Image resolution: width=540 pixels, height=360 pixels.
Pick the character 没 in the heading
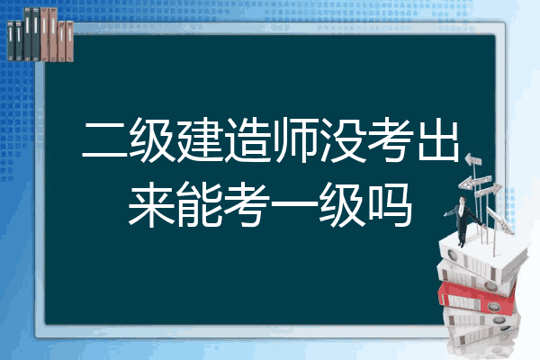point(343,140)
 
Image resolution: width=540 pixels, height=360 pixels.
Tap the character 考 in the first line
point(391,140)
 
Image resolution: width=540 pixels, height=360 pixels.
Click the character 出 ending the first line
point(438,140)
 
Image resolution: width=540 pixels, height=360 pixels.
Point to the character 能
point(200,204)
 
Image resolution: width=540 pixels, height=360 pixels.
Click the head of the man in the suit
point(463,200)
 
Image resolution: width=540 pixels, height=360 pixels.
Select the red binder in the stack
point(477,297)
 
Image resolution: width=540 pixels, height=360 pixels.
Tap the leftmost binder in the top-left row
point(11,40)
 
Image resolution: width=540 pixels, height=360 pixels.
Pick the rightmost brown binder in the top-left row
point(69,41)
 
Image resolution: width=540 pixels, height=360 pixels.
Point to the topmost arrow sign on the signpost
point(473,159)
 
